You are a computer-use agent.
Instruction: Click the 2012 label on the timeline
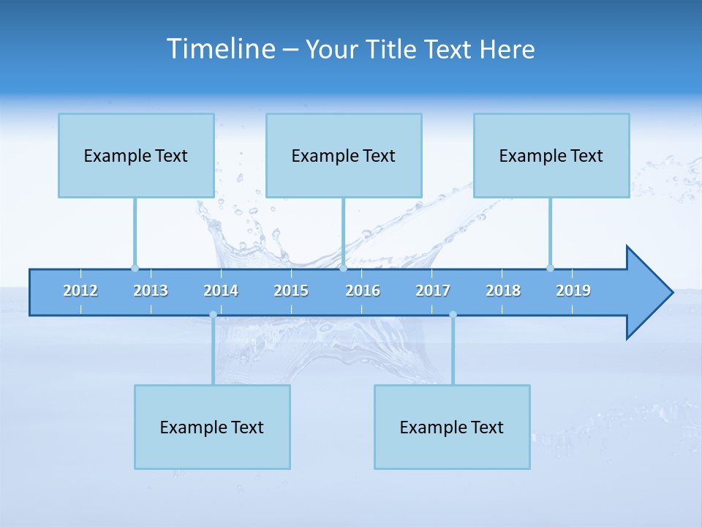point(80,291)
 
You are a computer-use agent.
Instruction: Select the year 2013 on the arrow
point(151,291)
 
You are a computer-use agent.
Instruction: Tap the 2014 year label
point(221,291)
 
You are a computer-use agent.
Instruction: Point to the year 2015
point(291,291)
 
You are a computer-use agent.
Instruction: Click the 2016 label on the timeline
point(363,291)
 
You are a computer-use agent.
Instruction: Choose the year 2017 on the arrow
point(433,291)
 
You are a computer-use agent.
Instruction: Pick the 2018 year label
point(503,291)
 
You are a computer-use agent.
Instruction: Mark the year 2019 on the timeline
point(573,291)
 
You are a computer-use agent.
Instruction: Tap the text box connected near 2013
point(136,155)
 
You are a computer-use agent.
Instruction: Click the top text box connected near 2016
point(344,155)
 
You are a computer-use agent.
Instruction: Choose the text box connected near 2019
point(551,155)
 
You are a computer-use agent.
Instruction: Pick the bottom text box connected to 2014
point(212,427)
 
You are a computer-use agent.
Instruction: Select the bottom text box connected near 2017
point(452,427)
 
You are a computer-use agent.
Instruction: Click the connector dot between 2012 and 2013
point(135,268)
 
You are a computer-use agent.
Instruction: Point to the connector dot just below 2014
point(213,315)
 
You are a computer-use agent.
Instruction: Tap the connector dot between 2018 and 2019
point(550,268)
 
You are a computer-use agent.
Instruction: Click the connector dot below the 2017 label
point(453,315)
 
